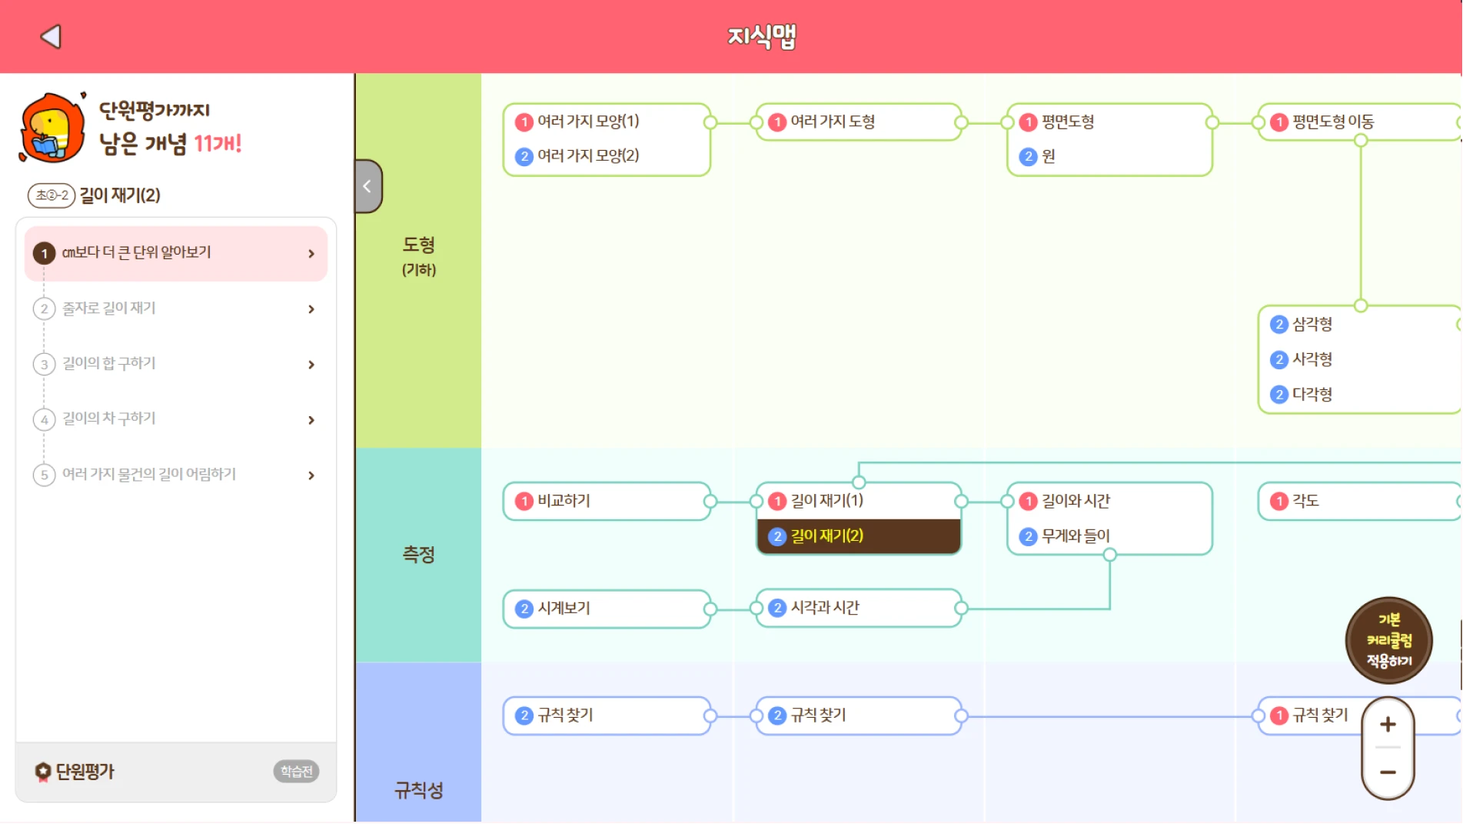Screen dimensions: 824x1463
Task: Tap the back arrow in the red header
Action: tap(51, 36)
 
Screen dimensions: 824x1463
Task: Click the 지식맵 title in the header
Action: tap(761, 36)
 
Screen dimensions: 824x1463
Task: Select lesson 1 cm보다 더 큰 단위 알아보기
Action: tap(176, 253)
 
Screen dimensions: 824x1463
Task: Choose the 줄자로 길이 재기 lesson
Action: tap(176, 309)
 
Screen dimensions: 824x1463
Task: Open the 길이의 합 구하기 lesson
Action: tap(176, 364)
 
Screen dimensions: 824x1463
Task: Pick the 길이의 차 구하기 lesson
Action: tap(176, 419)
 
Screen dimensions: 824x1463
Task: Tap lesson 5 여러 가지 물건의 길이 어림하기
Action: tap(176, 475)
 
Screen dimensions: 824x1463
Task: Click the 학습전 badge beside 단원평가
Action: tap(296, 771)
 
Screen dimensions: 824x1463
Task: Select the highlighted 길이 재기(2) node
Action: tap(858, 536)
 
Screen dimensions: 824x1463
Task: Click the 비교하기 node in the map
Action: tap(606, 501)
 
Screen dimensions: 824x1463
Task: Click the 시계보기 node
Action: tap(606, 609)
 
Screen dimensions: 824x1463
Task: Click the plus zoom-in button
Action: tap(1388, 724)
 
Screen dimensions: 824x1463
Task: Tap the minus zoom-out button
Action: tap(1388, 772)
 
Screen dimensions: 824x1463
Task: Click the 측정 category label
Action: tap(418, 555)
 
